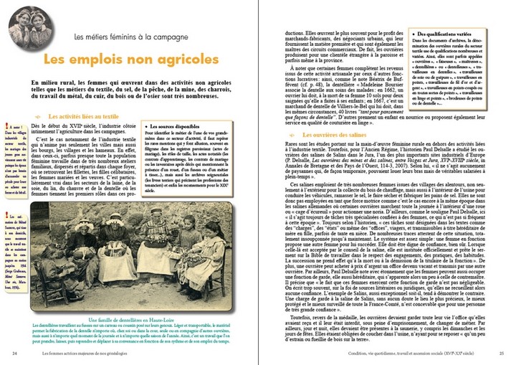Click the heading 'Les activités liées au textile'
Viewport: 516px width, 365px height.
82,115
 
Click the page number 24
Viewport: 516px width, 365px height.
15,353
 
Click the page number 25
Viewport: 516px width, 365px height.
501,353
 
